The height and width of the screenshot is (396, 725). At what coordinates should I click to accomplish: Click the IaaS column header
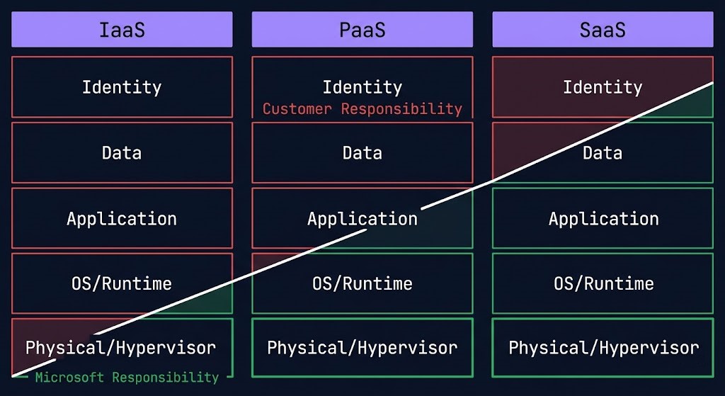coord(122,30)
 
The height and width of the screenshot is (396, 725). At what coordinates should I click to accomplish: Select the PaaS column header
coord(362,30)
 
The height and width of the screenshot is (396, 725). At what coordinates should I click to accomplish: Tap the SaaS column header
coord(603,30)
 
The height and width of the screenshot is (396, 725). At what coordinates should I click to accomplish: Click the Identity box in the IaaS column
coord(122,87)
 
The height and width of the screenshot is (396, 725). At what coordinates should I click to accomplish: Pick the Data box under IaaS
coord(122,152)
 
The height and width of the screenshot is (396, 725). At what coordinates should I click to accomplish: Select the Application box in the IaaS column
coord(122,218)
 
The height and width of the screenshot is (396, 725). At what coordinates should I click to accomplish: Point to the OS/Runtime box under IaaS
coord(122,283)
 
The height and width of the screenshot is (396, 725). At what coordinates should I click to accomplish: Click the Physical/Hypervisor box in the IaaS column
coord(121,348)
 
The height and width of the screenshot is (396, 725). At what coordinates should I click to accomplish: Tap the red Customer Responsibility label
coord(362,109)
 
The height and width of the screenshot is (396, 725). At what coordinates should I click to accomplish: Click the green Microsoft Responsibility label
coord(127,378)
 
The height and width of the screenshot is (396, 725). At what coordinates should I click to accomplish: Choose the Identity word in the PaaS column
coord(362,87)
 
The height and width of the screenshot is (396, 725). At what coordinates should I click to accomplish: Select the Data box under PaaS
coord(362,152)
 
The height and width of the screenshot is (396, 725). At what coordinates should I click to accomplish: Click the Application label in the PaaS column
coord(362,218)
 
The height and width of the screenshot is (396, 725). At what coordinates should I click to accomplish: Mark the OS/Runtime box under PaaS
coord(362,283)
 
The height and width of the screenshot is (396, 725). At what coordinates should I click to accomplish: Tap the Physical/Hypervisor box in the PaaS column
coord(362,348)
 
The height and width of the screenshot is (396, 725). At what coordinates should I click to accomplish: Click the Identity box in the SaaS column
coord(603,87)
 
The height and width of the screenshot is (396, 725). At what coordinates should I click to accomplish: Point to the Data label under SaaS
coord(603,152)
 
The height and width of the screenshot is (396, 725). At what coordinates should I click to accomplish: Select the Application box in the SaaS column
coord(603,218)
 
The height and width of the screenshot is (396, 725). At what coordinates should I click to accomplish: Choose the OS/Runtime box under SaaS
coord(603,283)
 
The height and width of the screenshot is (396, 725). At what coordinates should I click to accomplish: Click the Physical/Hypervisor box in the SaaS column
coord(603,348)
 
